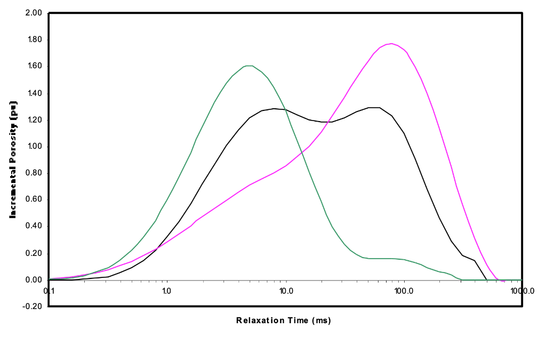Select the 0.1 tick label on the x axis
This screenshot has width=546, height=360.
click(49, 291)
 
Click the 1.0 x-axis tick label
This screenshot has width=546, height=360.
click(167, 291)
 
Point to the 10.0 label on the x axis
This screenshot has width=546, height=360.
click(286, 291)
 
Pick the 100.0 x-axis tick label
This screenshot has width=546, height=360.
click(404, 291)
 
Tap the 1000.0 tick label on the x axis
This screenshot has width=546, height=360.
click(522, 291)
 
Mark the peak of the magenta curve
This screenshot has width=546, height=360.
click(392, 44)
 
